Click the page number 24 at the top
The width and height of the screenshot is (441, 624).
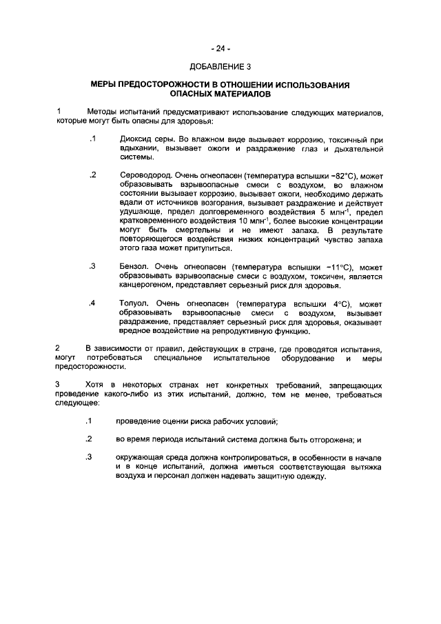click(220, 48)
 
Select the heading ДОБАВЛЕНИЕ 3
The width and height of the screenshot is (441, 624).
click(220, 67)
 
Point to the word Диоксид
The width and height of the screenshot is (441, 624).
click(135, 139)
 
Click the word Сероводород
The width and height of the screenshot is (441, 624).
click(145, 176)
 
